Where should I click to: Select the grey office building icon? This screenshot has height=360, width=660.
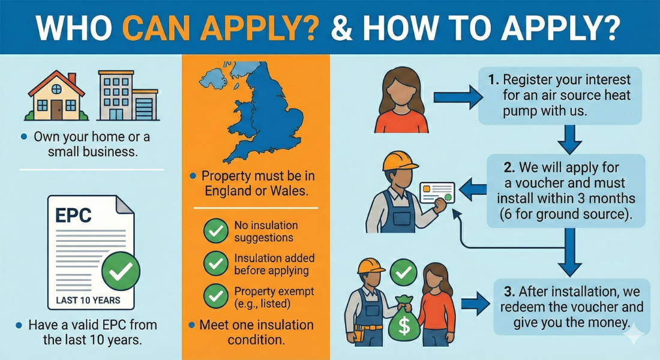pos(128,95)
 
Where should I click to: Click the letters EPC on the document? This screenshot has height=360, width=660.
pos(73,215)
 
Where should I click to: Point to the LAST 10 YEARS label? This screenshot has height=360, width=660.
pos(88,300)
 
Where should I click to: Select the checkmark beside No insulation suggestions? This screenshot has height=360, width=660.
pos(216,231)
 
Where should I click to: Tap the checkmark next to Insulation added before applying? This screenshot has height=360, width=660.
pos(216,263)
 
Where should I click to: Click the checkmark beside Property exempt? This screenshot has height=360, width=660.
pos(216,296)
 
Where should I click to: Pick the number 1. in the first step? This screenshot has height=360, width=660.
pos(493,80)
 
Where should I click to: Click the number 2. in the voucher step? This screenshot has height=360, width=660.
pos(509,167)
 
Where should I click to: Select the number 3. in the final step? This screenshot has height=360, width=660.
pos(509,292)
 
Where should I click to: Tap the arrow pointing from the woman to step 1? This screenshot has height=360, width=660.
pos(458,98)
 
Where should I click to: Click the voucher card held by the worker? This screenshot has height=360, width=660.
pos(437,193)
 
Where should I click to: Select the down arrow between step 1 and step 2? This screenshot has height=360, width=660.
pos(570,139)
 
